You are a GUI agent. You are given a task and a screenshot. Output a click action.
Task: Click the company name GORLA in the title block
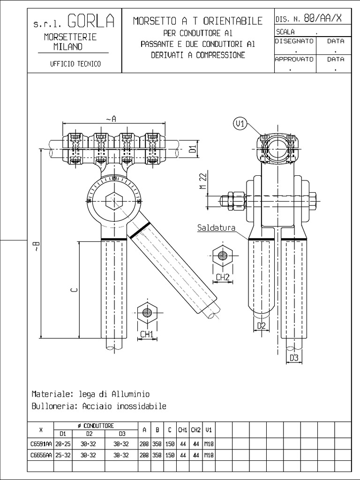click(x=91, y=21)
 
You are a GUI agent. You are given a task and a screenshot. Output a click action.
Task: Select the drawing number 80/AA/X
click(x=322, y=19)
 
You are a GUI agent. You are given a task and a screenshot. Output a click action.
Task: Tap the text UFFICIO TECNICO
click(x=75, y=64)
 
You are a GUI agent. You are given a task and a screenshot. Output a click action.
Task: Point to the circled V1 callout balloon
click(x=240, y=124)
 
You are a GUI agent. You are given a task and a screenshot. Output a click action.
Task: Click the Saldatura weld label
click(x=216, y=228)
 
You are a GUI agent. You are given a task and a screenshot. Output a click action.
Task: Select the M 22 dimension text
click(x=203, y=181)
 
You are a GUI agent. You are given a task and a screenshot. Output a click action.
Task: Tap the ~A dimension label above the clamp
click(x=111, y=119)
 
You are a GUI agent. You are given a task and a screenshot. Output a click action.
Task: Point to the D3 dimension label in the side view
click(x=294, y=358)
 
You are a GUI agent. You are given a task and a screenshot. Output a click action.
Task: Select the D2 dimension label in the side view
click(x=262, y=325)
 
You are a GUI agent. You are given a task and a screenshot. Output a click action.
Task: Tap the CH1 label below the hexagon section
click(x=147, y=334)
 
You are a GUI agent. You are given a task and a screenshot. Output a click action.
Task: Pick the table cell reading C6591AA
click(x=41, y=443)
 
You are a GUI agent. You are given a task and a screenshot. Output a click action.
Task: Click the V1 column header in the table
click(x=209, y=429)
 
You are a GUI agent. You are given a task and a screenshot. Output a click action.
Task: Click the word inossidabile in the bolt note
click(x=141, y=406)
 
